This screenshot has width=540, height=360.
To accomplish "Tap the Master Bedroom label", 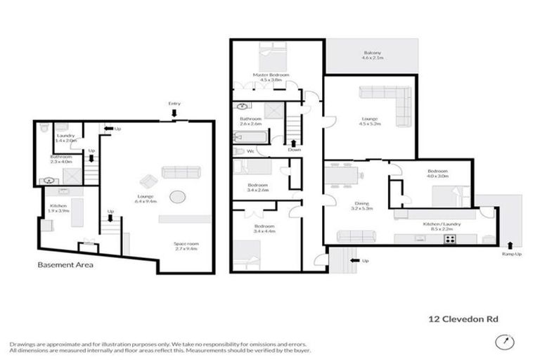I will pyautogui.click(x=266, y=77).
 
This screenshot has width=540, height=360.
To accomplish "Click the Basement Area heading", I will pyautogui.click(x=65, y=266).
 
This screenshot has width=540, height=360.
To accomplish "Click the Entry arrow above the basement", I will pyautogui.click(x=174, y=111).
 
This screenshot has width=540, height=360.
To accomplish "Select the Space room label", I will pyautogui.click(x=186, y=245).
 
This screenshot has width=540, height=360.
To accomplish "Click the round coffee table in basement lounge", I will pyautogui.click(x=176, y=195).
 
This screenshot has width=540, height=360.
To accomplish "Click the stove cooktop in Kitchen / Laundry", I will pyautogui.click(x=449, y=238).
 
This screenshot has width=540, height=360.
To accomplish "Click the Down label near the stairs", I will pyautogui.click(x=294, y=149).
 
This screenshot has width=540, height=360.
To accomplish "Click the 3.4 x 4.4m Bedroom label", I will pyautogui.click(x=265, y=229).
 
